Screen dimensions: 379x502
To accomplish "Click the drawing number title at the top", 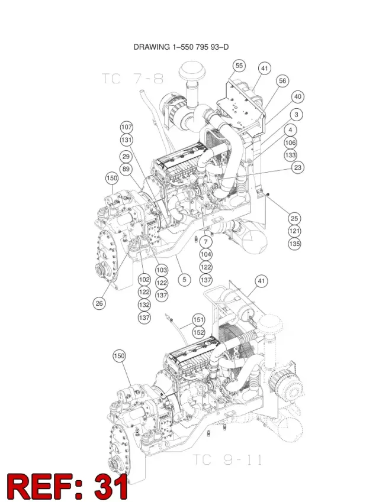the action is pos(181,47).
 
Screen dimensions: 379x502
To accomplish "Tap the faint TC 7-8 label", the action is pos(133,79).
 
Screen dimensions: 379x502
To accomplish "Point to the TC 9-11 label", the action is pos(227,460).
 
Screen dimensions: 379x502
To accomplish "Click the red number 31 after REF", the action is pos(111,487).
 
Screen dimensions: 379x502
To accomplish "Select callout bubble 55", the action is pos(239,66).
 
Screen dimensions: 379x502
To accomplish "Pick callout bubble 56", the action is pos(282,80).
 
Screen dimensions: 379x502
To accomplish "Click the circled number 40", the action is pos(297,97).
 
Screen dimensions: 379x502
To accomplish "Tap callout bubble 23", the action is pos(298,167).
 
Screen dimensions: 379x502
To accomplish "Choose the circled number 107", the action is pos(127,127).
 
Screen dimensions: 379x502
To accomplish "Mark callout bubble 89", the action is pos(126,169).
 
